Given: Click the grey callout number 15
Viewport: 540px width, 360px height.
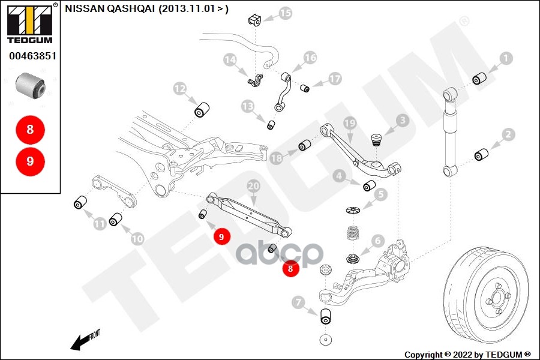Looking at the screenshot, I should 286,13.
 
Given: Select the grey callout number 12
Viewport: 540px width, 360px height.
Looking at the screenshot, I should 180,89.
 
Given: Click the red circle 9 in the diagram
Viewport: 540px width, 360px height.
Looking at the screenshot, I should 221,237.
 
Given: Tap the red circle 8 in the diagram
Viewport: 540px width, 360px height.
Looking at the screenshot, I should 290,269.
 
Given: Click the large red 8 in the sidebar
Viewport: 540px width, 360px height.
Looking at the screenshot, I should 30,130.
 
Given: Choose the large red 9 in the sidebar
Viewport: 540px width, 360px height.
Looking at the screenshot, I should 30,161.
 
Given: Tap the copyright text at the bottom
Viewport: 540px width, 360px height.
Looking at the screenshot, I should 467,354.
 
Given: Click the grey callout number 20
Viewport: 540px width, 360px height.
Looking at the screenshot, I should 254,187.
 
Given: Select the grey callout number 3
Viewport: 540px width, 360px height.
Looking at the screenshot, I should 401,121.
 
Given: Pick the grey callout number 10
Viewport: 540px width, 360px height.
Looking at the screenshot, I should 137,238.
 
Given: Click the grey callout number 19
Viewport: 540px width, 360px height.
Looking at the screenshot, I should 350,124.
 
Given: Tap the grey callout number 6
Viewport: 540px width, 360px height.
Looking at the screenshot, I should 377,241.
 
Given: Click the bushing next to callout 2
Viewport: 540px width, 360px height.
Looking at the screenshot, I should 481,155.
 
